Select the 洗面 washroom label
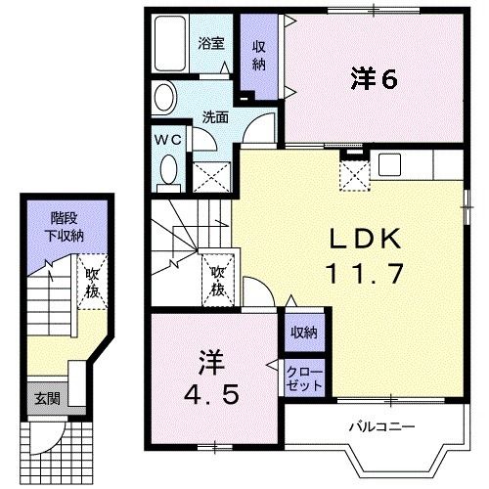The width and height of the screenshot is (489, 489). pyautogui.click(x=215, y=115)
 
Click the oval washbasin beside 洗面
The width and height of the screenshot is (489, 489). pyautogui.click(x=164, y=99)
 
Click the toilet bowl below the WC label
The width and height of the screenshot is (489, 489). pyautogui.click(x=166, y=172)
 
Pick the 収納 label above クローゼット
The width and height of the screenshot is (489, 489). pyautogui.click(x=303, y=333)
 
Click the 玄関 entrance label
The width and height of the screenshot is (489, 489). pyautogui.click(x=45, y=398)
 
